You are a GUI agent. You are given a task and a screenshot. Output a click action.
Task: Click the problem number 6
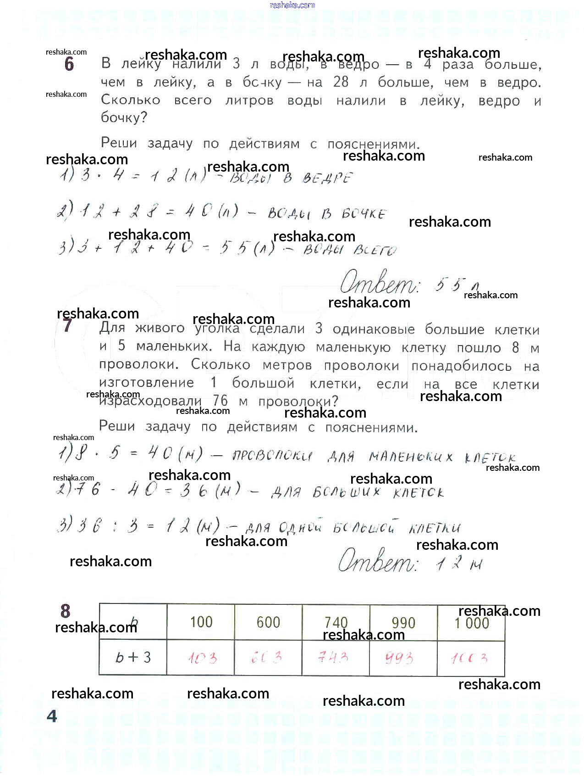click(x=69, y=64)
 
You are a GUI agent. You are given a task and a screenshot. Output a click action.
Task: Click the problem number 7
click(x=67, y=325)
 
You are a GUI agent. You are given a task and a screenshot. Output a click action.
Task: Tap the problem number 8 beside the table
click(x=66, y=611)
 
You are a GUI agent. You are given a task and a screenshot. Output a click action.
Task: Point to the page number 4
click(x=52, y=716)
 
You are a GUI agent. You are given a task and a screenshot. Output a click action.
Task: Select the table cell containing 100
click(x=201, y=622)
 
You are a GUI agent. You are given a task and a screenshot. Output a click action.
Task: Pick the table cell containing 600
click(x=268, y=622)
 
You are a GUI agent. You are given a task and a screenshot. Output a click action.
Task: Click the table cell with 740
click(x=336, y=622)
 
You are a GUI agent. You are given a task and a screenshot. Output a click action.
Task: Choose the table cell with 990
click(x=403, y=623)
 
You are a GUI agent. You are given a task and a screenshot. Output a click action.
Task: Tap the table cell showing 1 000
click(x=471, y=623)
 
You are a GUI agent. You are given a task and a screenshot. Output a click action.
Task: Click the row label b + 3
click(x=133, y=658)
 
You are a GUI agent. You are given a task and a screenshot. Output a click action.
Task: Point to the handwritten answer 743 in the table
click(x=333, y=658)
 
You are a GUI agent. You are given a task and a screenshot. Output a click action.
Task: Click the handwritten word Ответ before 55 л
click(x=379, y=283)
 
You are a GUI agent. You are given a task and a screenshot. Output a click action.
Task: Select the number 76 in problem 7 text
click(x=221, y=401)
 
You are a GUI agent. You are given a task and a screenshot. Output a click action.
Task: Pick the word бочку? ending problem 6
click(x=124, y=117)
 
